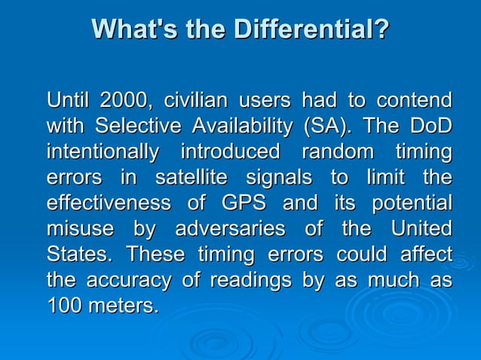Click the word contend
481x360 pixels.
pos(414,100)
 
